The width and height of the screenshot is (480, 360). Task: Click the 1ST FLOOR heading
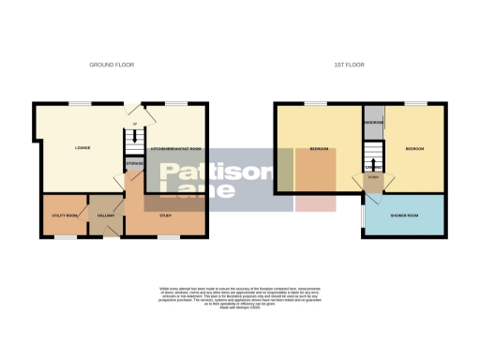pos(349,65)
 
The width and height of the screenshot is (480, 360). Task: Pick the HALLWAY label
pos(105,216)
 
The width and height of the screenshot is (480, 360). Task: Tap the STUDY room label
pos(165,216)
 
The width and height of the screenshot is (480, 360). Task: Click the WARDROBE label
pos(372,122)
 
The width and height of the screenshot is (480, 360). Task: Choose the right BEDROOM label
pos(414,148)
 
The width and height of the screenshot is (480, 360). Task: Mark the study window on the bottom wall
pos(169,236)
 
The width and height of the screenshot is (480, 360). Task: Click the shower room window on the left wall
pos(364,216)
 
